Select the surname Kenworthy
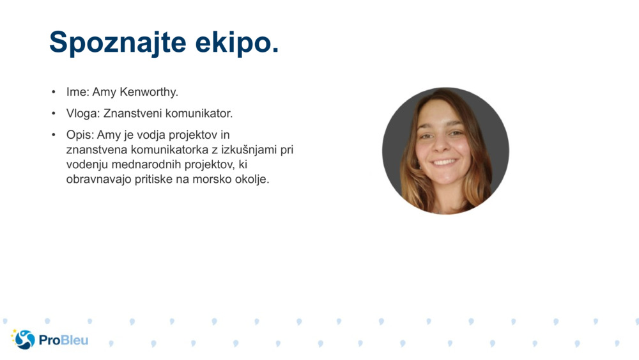pyautogui.click(x=149, y=92)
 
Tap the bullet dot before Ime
pyautogui.click(x=54, y=92)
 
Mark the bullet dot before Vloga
pyautogui.click(x=54, y=114)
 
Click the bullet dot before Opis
pyautogui.click(x=54, y=135)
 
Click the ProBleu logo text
pyautogui.click(x=63, y=340)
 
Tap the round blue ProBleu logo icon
pyautogui.click(x=24, y=340)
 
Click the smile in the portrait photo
pyautogui.click(x=445, y=162)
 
